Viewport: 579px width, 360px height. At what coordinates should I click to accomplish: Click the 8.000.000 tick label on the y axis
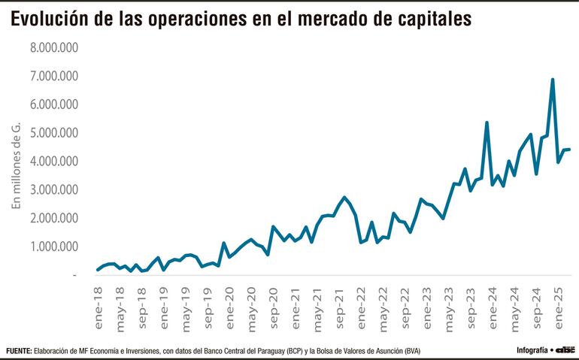(55, 47)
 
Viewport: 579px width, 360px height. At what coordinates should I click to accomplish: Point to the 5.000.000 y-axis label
(55, 133)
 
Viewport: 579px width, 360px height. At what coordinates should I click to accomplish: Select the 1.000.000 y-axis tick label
(55, 247)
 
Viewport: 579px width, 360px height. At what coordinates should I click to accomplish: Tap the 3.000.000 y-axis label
(55, 189)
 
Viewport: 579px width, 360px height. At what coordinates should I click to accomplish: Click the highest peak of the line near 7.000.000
(553, 79)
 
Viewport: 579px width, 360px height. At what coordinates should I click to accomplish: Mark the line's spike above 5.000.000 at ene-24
(487, 123)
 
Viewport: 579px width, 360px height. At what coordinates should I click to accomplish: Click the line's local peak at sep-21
(344, 198)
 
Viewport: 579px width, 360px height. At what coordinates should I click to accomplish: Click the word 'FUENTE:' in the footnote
(19, 351)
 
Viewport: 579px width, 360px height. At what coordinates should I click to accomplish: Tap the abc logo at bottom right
(565, 350)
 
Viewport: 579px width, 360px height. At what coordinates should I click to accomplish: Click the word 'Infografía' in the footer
(533, 350)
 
